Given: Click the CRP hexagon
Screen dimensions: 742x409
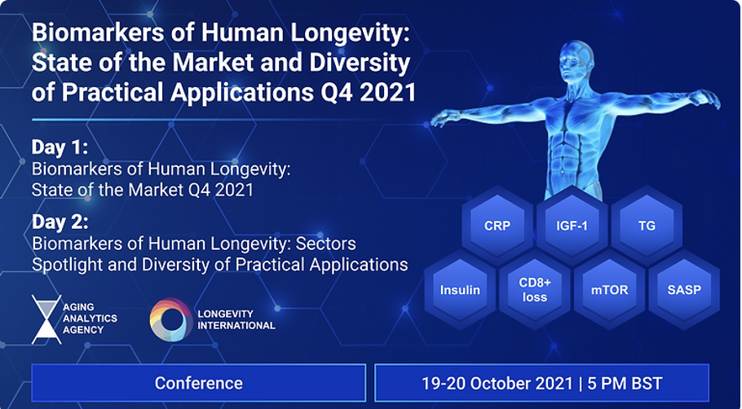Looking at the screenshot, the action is pyautogui.click(x=497, y=226).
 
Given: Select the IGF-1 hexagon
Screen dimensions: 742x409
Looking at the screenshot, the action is pyautogui.click(x=572, y=226).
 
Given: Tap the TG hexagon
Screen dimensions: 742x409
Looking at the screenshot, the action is pyautogui.click(x=647, y=226).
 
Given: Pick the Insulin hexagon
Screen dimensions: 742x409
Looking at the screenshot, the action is pyautogui.click(x=460, y=290).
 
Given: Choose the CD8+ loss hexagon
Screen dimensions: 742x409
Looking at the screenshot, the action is pyautogui.click(x=535, y=290).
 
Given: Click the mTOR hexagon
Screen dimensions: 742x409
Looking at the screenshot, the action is pyautogui.click(x=610, y=290).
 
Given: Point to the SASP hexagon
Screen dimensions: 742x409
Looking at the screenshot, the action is pyautogui.click(x=684, y=290).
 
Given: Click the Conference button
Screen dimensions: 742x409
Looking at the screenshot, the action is pyautogui.click(x=199, y=383).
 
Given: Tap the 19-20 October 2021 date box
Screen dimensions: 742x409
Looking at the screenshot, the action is pyautogui.click(x=542, y=383).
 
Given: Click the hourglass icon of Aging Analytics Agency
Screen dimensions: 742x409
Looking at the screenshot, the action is pyautogui.click(x=46, y=319).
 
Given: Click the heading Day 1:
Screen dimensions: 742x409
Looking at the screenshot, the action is pyautogui.click(x=60, y=147).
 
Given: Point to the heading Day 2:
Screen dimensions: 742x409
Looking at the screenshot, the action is pyautogui.click(x=60, y=222).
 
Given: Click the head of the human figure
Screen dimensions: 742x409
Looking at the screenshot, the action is pyautogui.click(x=576, y=59).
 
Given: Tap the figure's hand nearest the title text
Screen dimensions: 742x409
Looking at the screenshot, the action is pyautogui.click(x=446, y=118).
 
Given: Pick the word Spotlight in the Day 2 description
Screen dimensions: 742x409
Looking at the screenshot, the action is pyautogui.click(x=68, y=264).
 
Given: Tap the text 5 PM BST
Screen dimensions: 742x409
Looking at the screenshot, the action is pyautogui.click(x=625, y=383).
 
